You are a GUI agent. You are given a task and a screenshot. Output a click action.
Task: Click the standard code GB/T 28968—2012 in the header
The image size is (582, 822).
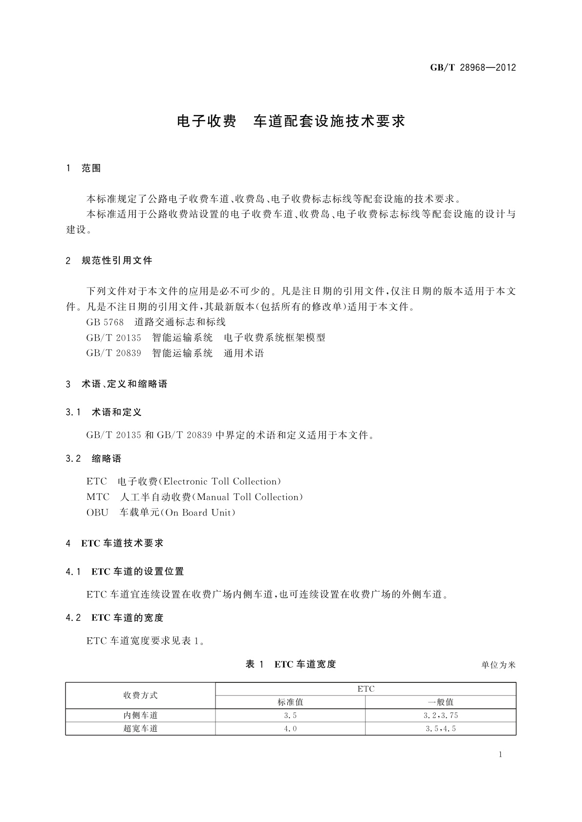[x=473, y=68]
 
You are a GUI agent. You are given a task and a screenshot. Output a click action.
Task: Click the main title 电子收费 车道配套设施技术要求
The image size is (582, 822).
[x=291, y=121]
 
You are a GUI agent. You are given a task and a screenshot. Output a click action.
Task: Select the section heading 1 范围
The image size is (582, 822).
[x=84, y=168]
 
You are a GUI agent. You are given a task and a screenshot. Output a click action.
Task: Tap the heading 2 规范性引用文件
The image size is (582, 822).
[x=109, y=261]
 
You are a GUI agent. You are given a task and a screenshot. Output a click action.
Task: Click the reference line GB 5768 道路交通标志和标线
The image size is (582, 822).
[x=156, y=322]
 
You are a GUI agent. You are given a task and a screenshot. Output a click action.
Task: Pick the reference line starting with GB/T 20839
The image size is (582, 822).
[x=175, y=353]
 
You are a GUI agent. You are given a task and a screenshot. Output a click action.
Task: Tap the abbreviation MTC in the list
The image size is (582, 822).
[x=98, y=497]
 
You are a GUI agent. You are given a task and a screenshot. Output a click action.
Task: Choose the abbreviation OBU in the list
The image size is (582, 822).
[x=97, y=513]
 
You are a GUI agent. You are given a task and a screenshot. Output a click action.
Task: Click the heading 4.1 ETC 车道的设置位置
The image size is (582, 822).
[x=125, y=572]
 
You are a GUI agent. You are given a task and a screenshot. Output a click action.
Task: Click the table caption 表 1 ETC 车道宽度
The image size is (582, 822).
[x=291, y=664]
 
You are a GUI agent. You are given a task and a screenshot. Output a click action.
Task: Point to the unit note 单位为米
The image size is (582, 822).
[x=498, y=665]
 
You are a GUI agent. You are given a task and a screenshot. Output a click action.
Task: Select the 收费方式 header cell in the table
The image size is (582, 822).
[x=140, y=696]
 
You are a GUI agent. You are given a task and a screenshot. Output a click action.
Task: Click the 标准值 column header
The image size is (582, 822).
[x=290, y=702]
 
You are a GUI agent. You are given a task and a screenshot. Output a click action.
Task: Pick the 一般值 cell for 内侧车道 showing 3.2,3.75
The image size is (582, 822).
[x=440, y=716]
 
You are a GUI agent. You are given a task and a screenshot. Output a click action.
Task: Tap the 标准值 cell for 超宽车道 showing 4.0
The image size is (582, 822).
[x=290, y=729]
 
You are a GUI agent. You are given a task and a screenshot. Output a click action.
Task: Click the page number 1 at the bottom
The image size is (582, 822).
[x=500, y=755]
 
